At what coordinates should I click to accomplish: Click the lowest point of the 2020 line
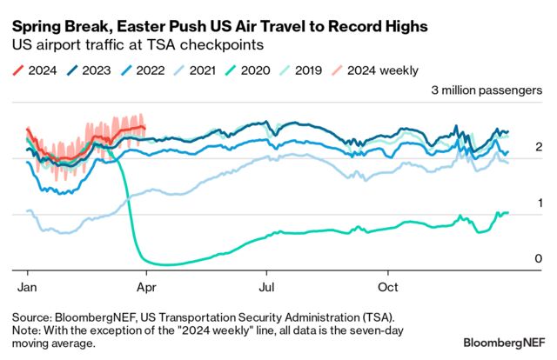click(165, 264)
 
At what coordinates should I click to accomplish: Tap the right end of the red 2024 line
click(144, 128)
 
